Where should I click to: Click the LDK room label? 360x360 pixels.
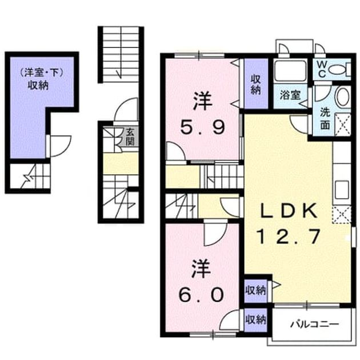click(x=289, y=211)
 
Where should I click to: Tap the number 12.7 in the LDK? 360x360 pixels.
click(x=289, y=237)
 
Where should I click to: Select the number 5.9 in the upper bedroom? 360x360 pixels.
click(x=202, y=127)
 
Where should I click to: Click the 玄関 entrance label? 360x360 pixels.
click(x=130, y=137)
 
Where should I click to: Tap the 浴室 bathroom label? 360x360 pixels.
click(x=290, y=95)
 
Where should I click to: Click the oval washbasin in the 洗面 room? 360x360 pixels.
click(x=342, y=97)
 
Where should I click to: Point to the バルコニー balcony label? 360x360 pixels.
click(x=314, y=324)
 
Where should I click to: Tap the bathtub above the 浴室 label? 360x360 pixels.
click(x=291, y=71)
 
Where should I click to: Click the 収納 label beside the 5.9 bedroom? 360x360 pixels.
click(x=255, y=85)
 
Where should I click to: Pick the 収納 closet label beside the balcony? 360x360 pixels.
click(x=255, y=319)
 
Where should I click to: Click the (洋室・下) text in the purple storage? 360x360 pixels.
click(x=41, y=73)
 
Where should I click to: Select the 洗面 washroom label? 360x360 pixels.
click(x=325, y=118)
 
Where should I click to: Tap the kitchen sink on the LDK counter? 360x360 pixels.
click(x=342, y=190)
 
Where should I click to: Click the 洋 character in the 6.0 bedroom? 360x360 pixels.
click(x=201, y=269)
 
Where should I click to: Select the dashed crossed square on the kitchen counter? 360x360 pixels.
click(x=342, y=215)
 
